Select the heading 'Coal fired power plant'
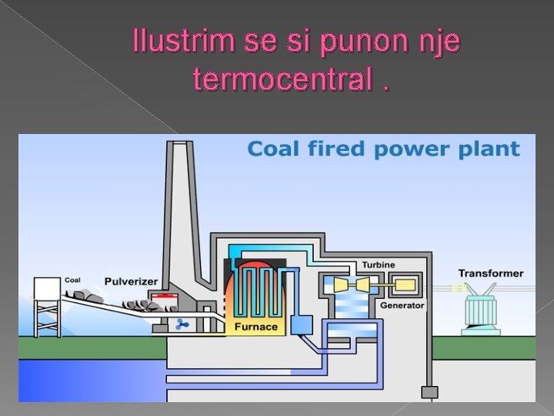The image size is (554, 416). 383,149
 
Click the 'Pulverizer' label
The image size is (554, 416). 132,280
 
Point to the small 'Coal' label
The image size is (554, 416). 72,280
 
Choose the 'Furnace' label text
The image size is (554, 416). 256,327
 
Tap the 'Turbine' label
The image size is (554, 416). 378,265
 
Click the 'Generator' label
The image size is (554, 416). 402,305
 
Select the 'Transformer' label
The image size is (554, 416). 491,273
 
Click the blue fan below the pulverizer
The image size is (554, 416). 183,325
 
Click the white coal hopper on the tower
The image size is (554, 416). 47,289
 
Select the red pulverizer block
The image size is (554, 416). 162,298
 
